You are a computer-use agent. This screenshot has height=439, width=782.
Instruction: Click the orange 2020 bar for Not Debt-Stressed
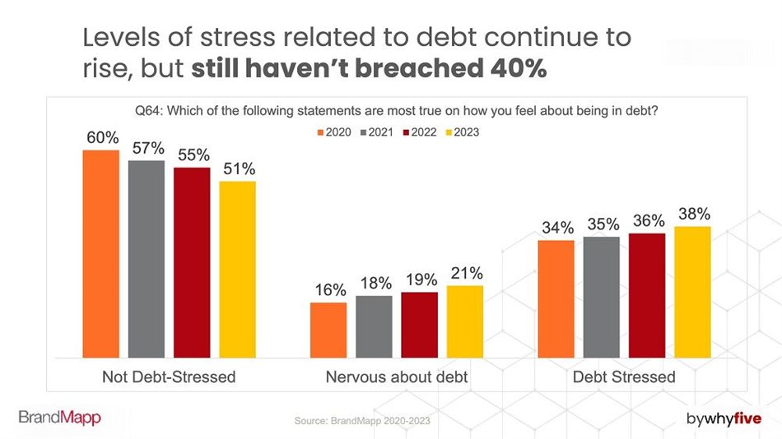tap(101, 254)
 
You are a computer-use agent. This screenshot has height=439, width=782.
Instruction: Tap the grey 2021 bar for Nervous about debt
tap(374, 326)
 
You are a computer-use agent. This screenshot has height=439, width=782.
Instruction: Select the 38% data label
tap(693, 213)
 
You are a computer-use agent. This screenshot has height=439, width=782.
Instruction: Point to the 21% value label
tap(466, 273)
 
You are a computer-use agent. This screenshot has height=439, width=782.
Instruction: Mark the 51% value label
tap(238, 169)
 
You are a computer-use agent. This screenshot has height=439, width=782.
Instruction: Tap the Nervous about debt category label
tap(397, 377)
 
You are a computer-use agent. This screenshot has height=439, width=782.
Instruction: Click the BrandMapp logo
tap(59, 418)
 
